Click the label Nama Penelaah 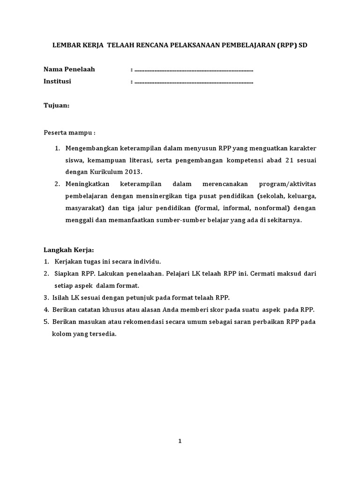pyautogui.click(x=69, y=69)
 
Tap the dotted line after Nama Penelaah pyautogui.click(x=194, y=70)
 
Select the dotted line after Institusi pyautogui.click(x=194, y=82)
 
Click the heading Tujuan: pyautogui.click(x=56, y=105)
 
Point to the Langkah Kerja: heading pyautogui.click(x=69, y=250)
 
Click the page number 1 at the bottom pyautogui.click(x=180, y=441)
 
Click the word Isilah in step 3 pyautogui.click(x=61, y=297)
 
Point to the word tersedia pyautogui.click(x=104, y=334)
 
